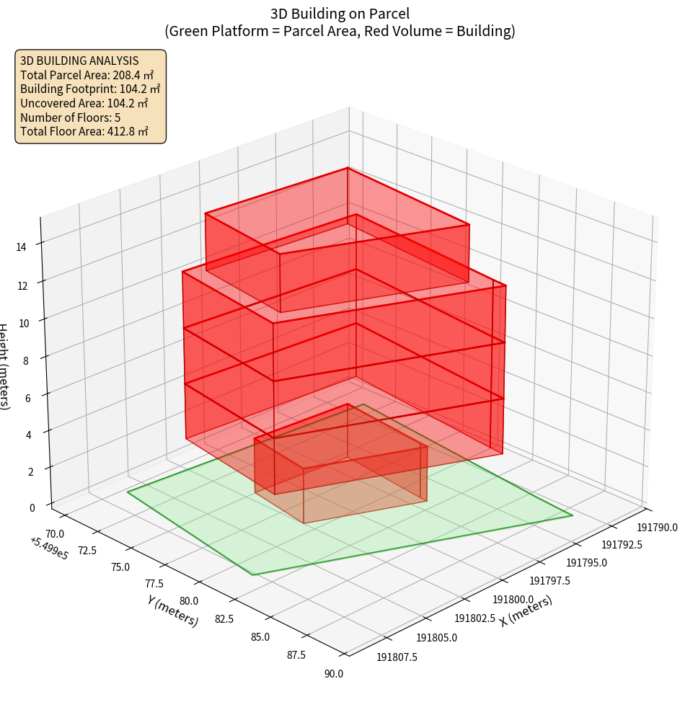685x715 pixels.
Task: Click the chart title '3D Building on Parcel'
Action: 340,13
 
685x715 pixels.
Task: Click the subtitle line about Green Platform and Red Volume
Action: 340,31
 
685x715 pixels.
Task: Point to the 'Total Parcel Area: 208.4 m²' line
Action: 87,75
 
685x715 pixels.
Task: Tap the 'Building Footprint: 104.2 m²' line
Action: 90,89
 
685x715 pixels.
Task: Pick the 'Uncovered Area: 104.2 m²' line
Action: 87,103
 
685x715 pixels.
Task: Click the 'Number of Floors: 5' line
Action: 71,117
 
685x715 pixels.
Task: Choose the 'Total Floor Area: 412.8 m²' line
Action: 84,131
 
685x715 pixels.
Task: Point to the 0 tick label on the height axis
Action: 32,507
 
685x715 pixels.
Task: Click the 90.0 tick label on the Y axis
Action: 334,674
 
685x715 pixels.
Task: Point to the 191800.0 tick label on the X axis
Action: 513,599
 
